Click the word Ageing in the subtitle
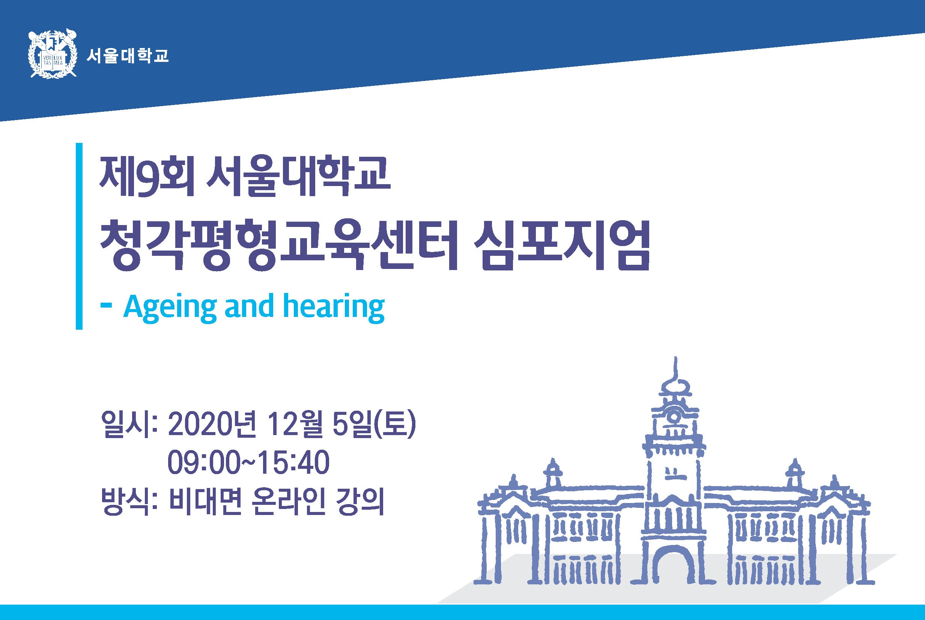click(170, 307)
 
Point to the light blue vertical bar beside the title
click(79, 236)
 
